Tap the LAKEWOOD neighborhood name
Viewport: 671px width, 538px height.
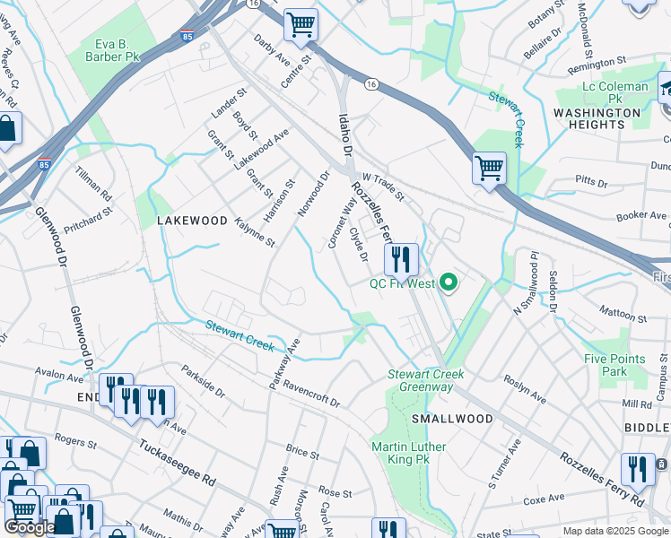click(192, 220)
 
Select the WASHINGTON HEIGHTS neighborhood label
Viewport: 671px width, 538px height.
click(597, 118)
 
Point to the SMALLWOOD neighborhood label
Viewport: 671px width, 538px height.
click(452, 419)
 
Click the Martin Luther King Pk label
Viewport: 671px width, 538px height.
click(409, 453)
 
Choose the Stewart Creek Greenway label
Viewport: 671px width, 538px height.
click(421, 380)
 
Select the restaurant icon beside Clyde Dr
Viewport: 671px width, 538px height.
click(401, 259)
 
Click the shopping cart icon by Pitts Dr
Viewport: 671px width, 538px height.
click(489, 168)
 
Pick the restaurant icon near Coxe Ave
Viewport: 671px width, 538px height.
click(638, 468)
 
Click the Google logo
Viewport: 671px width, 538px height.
click(29, 527)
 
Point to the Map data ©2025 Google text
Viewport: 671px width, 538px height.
click(614, 531)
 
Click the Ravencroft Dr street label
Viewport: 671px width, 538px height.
click(310, 391)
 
